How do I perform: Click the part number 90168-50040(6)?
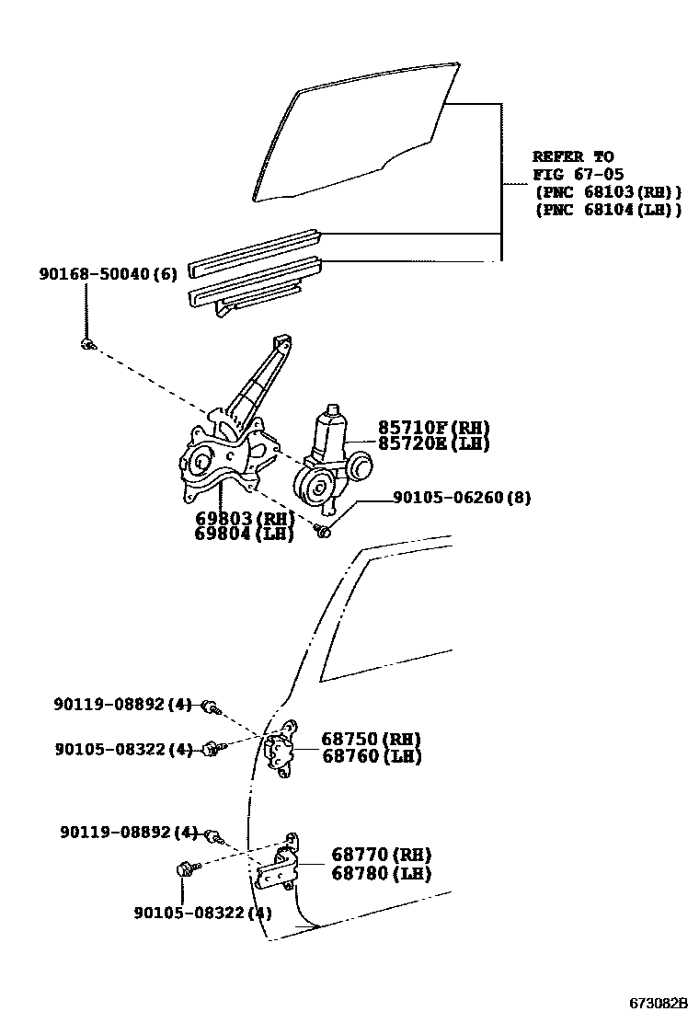point(108,274)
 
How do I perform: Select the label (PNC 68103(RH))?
point(607,191)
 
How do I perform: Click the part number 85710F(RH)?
point(433,427)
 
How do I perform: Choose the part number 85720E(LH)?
point(433,443)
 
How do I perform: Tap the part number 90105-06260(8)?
point(462,498)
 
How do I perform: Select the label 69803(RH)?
point(244,518)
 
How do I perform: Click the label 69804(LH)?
point(244,534)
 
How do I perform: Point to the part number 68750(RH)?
point(371,739)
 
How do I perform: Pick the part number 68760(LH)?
point(371,756)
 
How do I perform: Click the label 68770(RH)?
point(381,855)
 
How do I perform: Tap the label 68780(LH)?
point(381,873)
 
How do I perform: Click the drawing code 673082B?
point(659,1002)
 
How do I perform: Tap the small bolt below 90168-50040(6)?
point(86,344)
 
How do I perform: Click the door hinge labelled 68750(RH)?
point(281,750)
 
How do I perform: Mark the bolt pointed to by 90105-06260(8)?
point(323,530)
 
